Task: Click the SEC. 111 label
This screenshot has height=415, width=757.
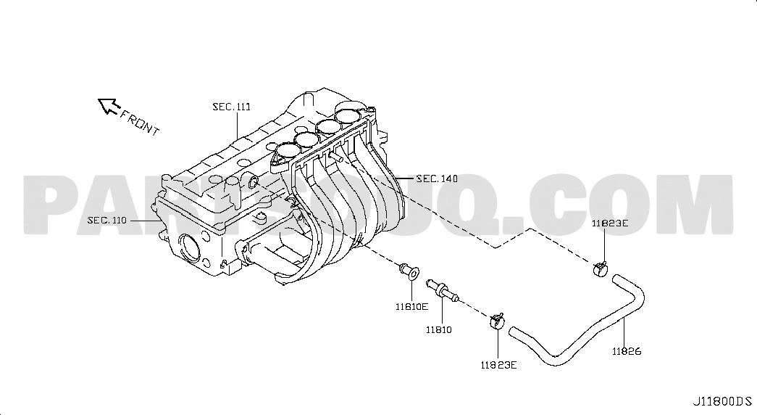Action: coord(232,107)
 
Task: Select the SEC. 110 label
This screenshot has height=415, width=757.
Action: coord(106,221)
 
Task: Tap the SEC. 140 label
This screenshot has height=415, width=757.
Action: coord(437,179)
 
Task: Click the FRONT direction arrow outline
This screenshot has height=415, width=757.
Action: coord(109,105)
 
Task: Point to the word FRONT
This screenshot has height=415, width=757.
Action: coord(140,123)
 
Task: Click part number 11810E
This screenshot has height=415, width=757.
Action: coord(411,306)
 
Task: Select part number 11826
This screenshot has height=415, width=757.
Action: coord(627,352)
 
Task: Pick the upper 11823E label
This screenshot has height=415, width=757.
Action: coord(610,223)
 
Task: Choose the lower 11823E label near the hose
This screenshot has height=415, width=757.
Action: coord(498,365)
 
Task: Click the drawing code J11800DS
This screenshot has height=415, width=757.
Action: coord(723,401)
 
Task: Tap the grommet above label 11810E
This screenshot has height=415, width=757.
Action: coord(409,271)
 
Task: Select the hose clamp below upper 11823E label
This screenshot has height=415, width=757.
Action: coord(600,269)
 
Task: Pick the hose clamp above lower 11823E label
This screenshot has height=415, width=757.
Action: coord(497,321)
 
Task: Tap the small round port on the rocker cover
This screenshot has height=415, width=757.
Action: coord(252,182)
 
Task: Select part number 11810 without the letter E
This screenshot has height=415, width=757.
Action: coord(438,330)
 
